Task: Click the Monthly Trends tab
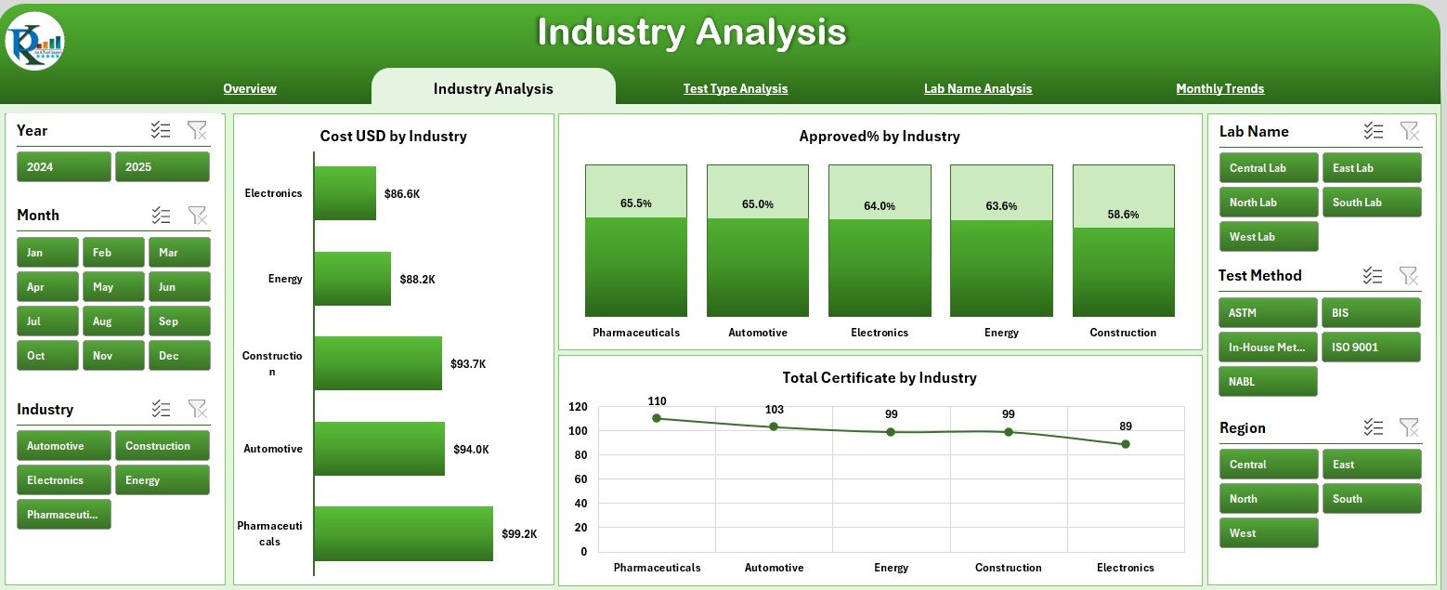click(x=1219, y=89)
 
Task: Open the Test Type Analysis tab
click(x=735, y=89)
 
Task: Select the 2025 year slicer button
click(x=163, y=167)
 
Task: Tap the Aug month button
click(x=113, y=321)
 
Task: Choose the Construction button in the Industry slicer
click(x=163, y=446)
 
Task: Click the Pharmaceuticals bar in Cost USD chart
click(x=403, y=533)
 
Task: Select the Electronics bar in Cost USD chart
click(x=345, y=193)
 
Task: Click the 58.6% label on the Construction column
click(x=1123, y=214)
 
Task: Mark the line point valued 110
click(x=657, y=418)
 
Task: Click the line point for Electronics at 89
click(x=1125, y=444)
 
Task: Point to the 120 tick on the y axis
click(x=577, y=407)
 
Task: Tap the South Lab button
click(x=1371, y=203)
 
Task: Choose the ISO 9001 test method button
click(x=1371, y=347)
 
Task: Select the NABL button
click(x=1268, y=382)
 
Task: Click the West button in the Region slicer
click(x=1268, y=533)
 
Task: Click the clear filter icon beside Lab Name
click(x=1409, y=132)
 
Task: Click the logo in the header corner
click(x=34, y=42)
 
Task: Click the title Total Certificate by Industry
click(x=880, y=378)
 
